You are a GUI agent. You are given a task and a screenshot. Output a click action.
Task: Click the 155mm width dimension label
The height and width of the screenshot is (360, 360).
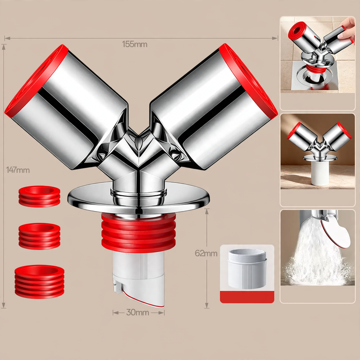coord(135,44)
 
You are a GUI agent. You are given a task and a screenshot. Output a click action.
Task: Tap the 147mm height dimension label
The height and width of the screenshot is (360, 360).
coord(18,170)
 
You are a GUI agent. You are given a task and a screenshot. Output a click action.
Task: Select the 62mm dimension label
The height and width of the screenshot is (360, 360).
coord(206,253)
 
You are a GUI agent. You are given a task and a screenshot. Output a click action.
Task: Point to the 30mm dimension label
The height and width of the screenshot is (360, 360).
coord(138,312)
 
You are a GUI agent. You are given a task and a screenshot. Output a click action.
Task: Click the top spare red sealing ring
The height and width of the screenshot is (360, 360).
coord(40,197)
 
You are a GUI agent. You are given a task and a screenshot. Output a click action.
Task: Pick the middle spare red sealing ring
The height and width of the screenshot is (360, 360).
coord(40,236)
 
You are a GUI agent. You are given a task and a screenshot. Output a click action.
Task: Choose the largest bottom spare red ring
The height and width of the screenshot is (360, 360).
coord(40,282)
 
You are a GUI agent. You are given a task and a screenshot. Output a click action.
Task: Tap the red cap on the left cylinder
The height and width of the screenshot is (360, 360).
coord(36,81)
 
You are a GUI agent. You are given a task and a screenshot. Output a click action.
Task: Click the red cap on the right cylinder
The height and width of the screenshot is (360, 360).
coord(248,79)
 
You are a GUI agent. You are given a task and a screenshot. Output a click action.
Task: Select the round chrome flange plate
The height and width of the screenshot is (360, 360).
coord(139,198)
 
